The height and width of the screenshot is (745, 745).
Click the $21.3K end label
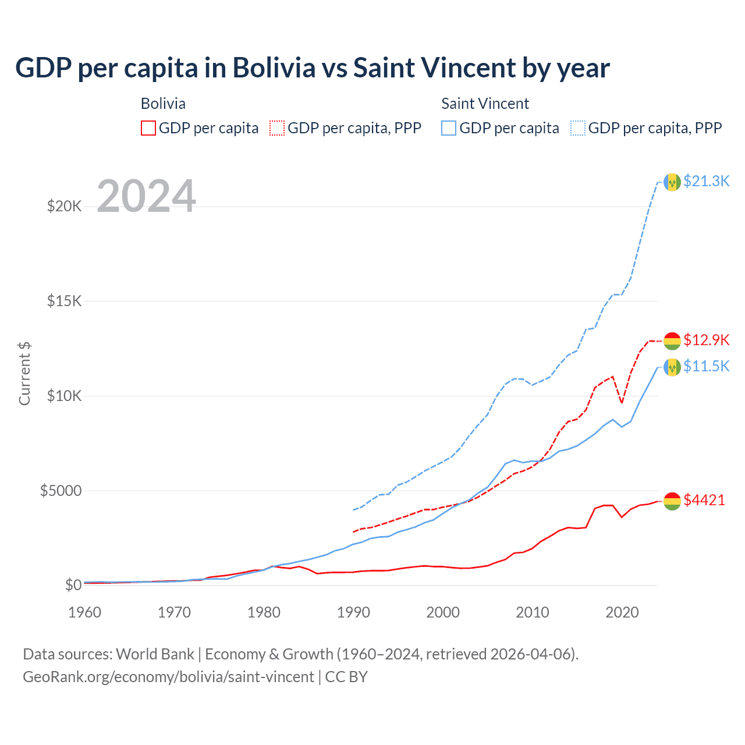706,181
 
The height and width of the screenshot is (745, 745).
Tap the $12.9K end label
706,340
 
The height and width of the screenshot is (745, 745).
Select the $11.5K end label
706,366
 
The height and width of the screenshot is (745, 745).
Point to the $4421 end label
704,500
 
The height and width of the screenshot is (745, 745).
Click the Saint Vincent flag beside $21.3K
672,182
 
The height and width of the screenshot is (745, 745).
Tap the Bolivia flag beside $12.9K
672,341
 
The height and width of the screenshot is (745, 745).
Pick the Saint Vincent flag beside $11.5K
672,367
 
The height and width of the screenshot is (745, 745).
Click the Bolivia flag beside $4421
672,501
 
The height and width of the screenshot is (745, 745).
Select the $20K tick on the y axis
65,206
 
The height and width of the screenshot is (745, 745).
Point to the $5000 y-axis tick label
61,491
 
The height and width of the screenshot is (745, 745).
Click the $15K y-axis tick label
65,301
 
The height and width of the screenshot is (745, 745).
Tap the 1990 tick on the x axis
353,612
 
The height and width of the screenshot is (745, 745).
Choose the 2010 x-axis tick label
533,612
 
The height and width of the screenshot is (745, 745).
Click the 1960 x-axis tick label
85,612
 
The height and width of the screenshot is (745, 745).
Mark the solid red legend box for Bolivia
148,128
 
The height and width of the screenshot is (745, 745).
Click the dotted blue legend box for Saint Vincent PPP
578,128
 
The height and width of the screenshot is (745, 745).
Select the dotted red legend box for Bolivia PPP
277,128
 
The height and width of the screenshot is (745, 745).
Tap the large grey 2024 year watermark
146,196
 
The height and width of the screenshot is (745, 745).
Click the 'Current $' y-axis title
24,374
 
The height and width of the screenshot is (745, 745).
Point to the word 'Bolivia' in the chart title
274,68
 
